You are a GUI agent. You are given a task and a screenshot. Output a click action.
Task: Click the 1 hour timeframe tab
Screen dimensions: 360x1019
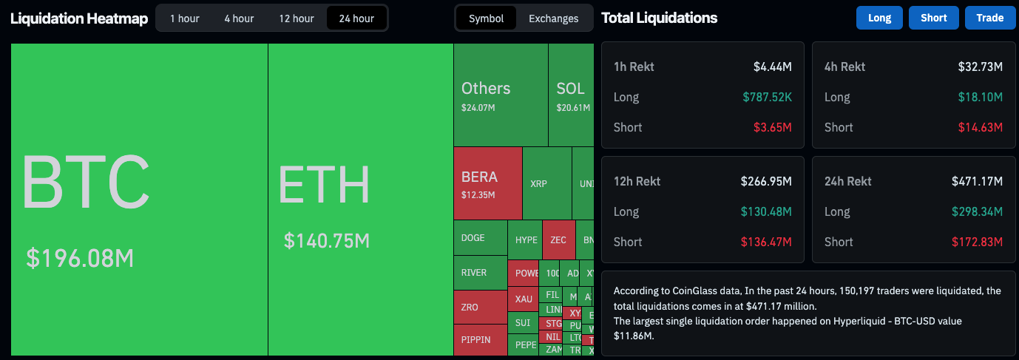pos(184,18)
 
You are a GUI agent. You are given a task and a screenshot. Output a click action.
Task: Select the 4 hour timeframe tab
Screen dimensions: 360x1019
pos(239,18)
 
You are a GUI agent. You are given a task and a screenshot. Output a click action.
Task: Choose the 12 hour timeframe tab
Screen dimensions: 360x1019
pos(297,18)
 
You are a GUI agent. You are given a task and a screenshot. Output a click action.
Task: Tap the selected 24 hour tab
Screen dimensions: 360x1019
pos(356,18)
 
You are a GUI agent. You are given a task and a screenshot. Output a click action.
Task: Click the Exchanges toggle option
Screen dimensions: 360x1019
pos(553,18)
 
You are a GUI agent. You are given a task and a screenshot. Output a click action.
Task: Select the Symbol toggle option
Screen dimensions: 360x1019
pos(486,18)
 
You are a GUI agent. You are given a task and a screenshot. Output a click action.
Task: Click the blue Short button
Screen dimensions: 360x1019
pos(934,18)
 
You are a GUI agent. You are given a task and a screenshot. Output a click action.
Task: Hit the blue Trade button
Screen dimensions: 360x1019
pos(989,18)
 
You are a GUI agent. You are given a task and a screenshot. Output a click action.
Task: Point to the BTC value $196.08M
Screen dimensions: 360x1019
pos(80,258)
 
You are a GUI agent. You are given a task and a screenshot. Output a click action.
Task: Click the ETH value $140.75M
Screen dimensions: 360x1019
pos(327,240)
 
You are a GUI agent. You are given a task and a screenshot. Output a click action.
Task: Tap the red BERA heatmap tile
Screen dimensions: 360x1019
pos(487,183)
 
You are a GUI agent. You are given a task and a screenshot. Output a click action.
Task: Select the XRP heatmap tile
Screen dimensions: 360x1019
pos(539,183)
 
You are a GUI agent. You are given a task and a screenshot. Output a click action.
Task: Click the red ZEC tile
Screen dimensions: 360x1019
pos(558,240)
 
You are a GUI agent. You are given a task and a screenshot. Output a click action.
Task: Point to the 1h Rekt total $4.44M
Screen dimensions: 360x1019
pos(772,67)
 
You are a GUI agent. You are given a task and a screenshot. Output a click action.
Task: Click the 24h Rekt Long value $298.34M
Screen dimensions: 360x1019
pos(982,211)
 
